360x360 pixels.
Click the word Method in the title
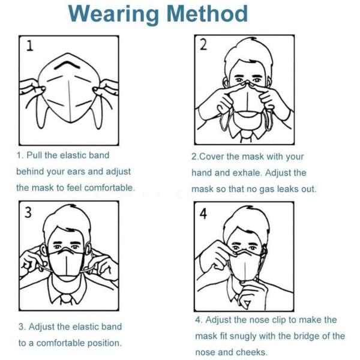[x=208, y=14]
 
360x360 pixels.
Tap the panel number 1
[x=30, y=46]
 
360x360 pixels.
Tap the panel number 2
[x=203, y=44]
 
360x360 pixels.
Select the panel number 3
[x=28, y=212]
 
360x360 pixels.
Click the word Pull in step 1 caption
[x=34, y=155]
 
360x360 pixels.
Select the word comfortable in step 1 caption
[x=109, y=188]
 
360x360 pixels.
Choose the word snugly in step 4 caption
[x=243, y=336]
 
